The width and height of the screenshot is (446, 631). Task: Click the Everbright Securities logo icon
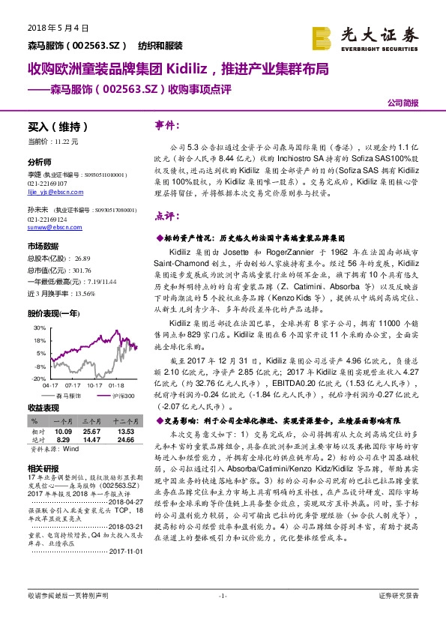(x=322, y=36)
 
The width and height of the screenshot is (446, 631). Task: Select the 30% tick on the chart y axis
(x=37, y=328)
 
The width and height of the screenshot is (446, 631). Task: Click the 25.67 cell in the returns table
(x=91, y=432)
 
